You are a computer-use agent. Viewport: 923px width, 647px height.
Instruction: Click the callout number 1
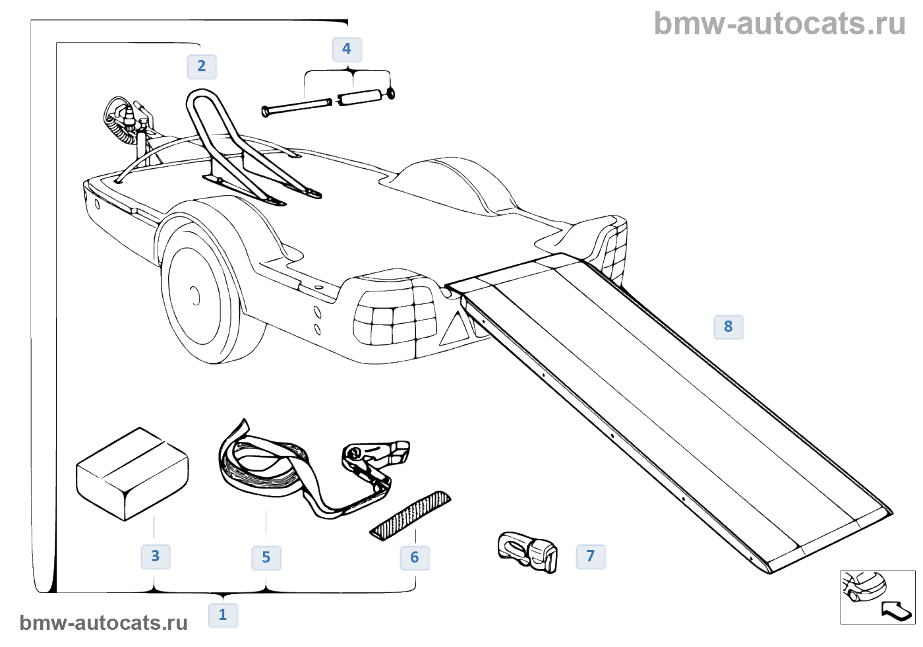[x=223, y=615]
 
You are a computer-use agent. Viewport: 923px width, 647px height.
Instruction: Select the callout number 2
[x=202, y=66]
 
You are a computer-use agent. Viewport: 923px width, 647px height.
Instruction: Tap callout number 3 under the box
[x=156, y=556]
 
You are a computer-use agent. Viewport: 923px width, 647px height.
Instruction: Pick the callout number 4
[x=347, y=49]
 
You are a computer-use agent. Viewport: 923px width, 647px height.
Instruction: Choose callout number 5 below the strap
[x=266, y=557]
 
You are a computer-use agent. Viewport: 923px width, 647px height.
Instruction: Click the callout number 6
[x=415, y=557]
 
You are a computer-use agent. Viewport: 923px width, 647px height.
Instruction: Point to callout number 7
[x=591, y=556]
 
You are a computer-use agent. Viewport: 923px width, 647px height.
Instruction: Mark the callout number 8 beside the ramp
[x=729, y=326]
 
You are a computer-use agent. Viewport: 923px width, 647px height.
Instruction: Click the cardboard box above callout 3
[x=132, y=473]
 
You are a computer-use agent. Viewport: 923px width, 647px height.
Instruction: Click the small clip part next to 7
[x=527, y=551]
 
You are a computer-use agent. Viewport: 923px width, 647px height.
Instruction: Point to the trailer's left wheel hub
[x=195, y=296]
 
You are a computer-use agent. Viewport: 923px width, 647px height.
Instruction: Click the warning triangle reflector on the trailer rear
[x=455, y=330]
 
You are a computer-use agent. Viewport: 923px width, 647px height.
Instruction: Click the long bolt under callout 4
[x=297, y=106]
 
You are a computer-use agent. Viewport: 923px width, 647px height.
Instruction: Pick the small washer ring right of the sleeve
[x=391, y=94]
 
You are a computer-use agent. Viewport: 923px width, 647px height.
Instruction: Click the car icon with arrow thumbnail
[x=877, y=597]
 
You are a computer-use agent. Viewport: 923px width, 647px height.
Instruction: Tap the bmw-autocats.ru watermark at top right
[x=780, y=24]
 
